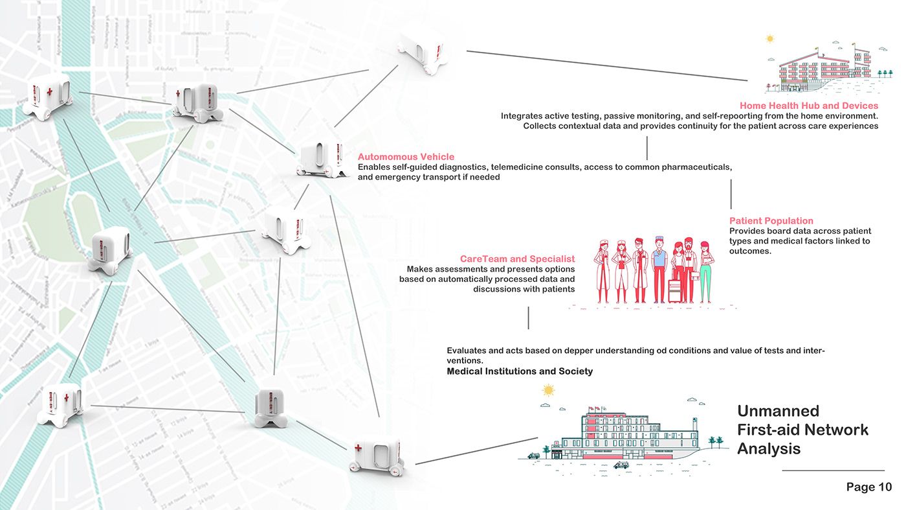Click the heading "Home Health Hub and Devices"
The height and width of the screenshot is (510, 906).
809,106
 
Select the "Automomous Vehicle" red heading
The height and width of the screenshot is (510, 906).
406,157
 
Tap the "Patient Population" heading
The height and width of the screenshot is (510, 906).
771,221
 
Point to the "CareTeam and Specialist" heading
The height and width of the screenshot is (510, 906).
517,259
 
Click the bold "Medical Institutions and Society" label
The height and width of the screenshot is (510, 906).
520,371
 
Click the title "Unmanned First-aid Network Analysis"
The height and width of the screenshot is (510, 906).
802,430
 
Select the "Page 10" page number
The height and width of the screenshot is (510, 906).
868,487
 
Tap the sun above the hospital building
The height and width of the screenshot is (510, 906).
549,390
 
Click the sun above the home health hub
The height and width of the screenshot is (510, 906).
769,39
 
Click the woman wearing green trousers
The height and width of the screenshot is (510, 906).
706,272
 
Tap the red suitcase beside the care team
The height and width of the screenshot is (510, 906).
674,290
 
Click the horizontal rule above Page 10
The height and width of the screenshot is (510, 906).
833,470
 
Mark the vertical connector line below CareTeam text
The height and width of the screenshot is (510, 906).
528,318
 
